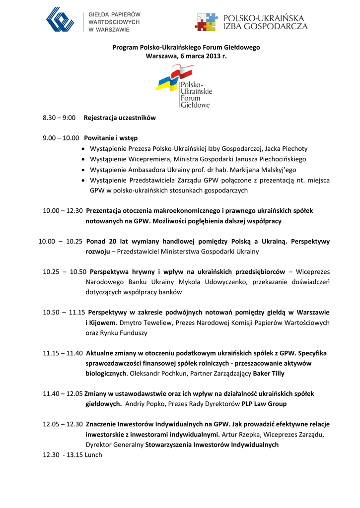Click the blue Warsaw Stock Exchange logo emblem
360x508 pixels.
pos(60,20)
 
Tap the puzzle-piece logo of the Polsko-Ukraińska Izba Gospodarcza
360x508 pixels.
pos(206,22)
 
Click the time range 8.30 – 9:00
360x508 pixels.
pos(59,118)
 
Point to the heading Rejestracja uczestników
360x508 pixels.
pos(120,118)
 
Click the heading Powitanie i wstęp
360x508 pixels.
pos(111,138)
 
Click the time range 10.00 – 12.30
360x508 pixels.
pos(63,211)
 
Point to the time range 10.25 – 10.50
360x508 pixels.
pos(65,272)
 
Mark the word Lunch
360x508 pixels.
pos(93,454)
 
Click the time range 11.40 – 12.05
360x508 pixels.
pos(63,394)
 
